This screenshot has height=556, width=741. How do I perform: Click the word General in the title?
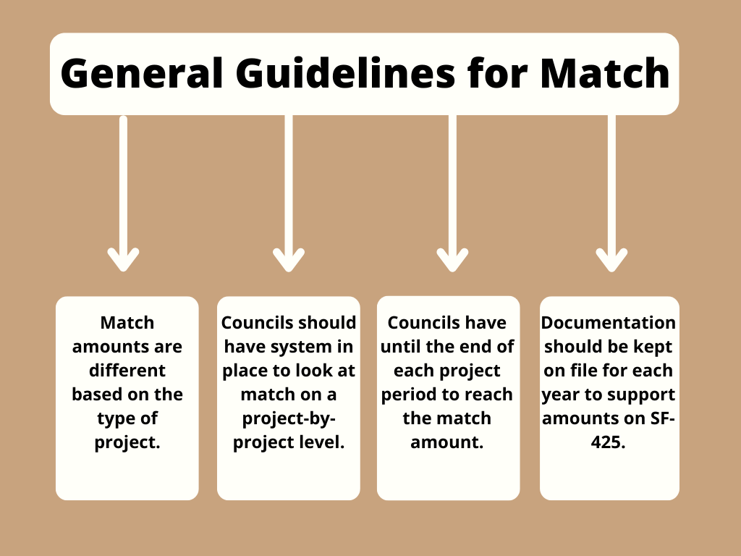[141, 73]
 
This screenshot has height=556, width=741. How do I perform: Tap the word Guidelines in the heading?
[345, 73]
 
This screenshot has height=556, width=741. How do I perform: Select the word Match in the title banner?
[605, 73]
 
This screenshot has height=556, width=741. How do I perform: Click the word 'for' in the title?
[497, 73]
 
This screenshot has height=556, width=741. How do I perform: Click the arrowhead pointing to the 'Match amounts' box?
[123, 260]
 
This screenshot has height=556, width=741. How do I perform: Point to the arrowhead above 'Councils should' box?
[289, 260]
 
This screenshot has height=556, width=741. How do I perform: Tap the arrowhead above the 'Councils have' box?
[452, 260]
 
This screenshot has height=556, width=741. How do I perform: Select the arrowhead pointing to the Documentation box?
[611, 260]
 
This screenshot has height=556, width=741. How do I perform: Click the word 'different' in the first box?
[127, 370]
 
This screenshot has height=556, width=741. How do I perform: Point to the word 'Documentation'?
[608, 322]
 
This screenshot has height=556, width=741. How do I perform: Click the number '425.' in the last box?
[608, 442]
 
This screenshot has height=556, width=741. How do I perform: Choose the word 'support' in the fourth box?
[643, 395]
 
